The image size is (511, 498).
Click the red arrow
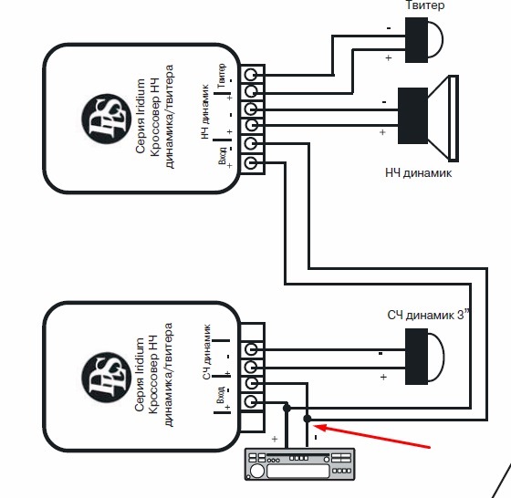click(371, 436)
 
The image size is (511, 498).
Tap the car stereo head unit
click(299, 464)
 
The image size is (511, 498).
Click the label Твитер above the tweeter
click(424, 5)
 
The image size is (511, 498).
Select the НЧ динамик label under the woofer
click(419, 172)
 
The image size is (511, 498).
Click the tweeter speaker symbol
click(423, 40)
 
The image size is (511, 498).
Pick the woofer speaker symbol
click(428, 118)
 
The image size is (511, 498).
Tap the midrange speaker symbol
click(424, 357)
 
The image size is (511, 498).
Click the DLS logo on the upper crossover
click(106, 119)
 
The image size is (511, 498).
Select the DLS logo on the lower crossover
click(106, 378)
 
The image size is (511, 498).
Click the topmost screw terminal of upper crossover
click(251, 75)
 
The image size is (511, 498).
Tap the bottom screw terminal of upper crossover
click(251, 162)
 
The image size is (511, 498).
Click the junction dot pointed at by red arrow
click(307, 419)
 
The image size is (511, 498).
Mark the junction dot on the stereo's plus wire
click(287, 408)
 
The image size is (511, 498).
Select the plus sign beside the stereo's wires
click(275, 439)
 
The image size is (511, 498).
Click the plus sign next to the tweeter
click(388, 57)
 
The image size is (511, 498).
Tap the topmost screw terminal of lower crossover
click(251, 350)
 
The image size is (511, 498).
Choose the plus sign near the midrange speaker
click(383, 377)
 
